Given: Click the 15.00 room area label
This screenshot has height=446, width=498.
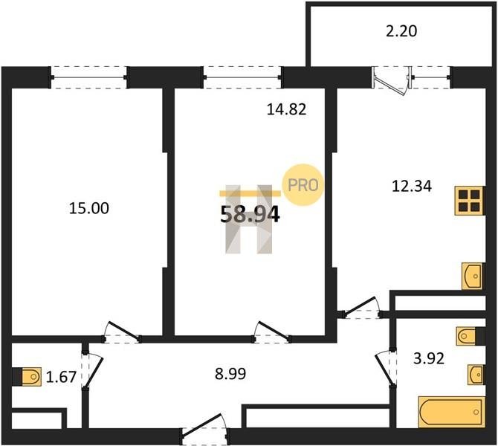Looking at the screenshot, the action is coord(89,208).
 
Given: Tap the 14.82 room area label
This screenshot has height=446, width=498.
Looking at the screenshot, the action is coord(286,109).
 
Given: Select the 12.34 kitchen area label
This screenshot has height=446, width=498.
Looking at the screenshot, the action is coord(412,186).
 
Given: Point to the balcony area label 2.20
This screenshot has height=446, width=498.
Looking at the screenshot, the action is coord(401,31).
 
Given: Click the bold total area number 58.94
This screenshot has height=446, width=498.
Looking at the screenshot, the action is coord(250,214).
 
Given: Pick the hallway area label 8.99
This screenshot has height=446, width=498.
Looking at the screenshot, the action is coord(230,374).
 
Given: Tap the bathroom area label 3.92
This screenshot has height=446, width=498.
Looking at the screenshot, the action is coord(429,359).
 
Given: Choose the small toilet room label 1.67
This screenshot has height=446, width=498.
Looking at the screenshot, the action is coord(61,378).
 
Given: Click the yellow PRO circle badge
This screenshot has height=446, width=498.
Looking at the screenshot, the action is coord(303,184).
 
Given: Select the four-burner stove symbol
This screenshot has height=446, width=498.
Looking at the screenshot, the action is coord(469,201).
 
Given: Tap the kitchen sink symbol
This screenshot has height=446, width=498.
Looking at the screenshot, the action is coord(472,276).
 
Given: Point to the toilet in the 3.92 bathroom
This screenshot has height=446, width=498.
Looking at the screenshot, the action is coord(467,336).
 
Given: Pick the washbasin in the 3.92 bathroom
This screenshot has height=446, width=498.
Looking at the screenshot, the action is coord(476,375).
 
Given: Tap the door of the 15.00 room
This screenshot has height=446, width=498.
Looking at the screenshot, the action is coord(121,332).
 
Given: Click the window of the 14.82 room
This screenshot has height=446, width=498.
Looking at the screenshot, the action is coord(242,77).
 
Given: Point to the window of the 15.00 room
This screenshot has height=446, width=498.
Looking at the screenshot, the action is coord(89,77).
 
